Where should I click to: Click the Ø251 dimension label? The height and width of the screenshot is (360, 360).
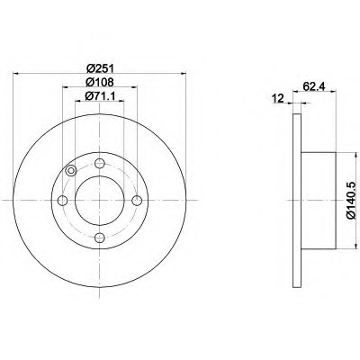[99, 68]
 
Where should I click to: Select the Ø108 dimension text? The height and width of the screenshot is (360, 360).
[99, 82]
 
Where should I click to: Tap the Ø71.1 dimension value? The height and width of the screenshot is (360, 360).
[100, 96]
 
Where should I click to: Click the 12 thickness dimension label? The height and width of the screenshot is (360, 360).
[278, 98]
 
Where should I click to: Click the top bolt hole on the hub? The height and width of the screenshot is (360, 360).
[100, 164]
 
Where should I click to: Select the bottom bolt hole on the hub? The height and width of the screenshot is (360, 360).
[100, 238]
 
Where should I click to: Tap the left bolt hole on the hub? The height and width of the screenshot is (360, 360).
[62, 201]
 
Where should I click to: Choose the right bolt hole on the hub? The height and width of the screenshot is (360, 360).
[137, 201]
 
